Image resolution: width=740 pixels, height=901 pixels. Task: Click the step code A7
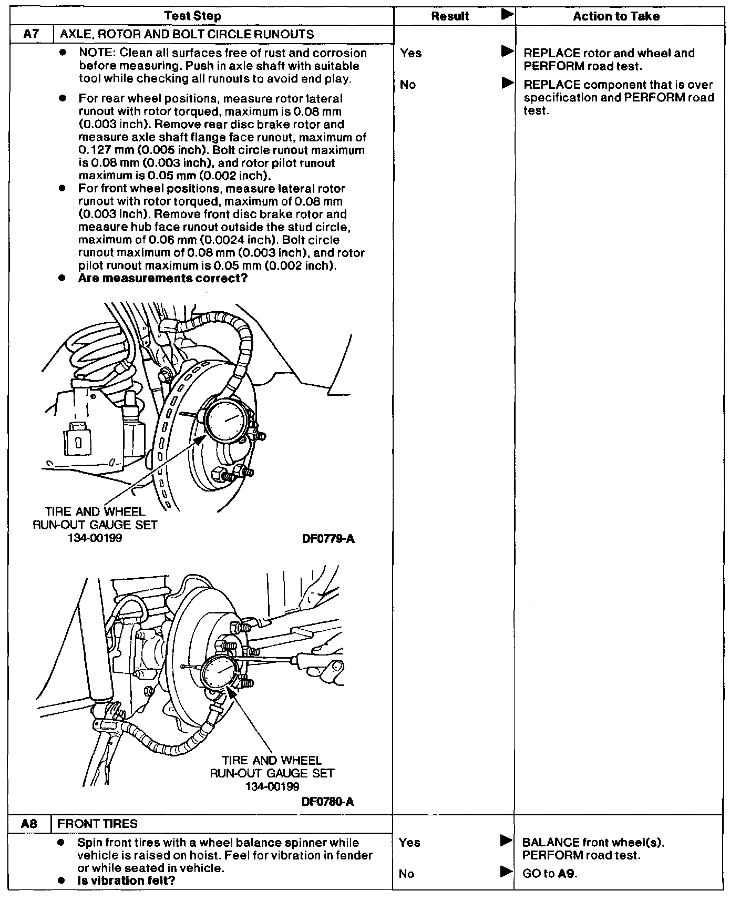[32, 35]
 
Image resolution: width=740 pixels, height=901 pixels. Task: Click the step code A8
[29, 824]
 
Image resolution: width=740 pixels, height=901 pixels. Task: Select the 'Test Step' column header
[193, 16]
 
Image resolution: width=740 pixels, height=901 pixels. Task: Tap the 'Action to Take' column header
[616, 16]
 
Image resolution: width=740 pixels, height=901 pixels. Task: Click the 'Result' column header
[450, 16]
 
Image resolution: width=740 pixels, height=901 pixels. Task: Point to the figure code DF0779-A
[328, 539]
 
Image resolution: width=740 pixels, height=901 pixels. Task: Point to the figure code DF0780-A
[327, 802]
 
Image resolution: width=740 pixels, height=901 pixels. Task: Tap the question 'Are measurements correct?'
[162, 278]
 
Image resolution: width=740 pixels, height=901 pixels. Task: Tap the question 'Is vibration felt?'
[126, 880]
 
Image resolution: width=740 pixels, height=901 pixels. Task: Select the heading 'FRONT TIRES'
[97, 824]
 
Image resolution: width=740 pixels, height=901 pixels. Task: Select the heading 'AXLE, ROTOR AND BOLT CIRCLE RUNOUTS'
[187, 35]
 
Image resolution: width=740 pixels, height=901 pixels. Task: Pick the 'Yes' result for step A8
[409, 843]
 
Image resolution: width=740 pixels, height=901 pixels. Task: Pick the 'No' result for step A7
[408, 85]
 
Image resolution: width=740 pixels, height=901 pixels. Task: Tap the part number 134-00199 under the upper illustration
[95, 538]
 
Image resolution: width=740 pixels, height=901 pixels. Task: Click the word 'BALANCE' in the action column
[551, 843]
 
